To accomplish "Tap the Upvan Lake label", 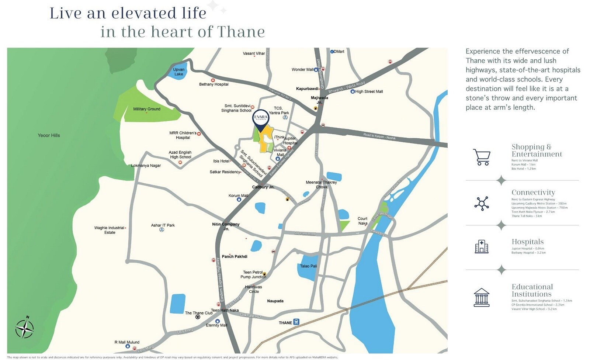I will coord(178,72).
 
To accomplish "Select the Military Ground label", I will coord(147,109).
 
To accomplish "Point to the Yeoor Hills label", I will coord(49,135).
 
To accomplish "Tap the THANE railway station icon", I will coord(296,322).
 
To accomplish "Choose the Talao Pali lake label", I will coord(308,266).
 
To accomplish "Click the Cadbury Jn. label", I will coord(263,187).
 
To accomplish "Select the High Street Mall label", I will coord(369,91).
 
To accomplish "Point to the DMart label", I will coord(339,52).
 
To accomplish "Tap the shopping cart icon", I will coord(482,157).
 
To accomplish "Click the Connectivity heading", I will coord(533,192).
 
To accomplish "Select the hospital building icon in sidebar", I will coord(482,246).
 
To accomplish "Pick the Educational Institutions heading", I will coord(532,290).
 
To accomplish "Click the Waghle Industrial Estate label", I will coord(109,230).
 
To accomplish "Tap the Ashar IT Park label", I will coord(163,225).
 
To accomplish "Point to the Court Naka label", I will coord(362,221).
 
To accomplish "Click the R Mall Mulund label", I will coord(127,342).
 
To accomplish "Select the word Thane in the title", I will coord(240,32).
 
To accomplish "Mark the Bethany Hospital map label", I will coord(214,84).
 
